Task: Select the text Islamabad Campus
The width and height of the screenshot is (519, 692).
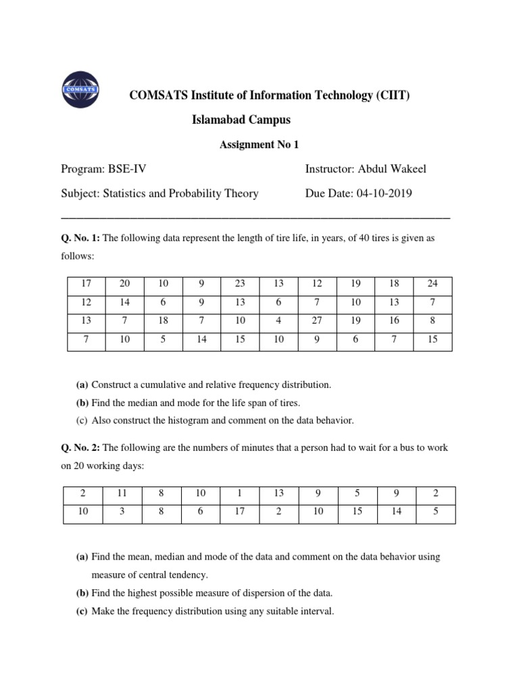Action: click(241, 120)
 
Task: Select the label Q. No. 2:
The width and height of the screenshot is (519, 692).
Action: click(79, 448)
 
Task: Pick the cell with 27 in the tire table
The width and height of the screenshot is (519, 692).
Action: click(318, 322)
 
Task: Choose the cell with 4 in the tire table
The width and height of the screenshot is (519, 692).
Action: click(279, 322)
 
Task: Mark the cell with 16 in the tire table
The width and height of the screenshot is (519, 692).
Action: click(394, 322)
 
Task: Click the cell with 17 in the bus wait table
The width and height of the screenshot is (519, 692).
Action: click(240, 512)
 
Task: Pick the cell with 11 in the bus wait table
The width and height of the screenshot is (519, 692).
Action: click(122, 494)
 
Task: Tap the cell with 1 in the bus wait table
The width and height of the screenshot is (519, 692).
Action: click(240, 494)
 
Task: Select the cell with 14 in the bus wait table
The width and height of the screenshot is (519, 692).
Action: click(397, 512)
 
